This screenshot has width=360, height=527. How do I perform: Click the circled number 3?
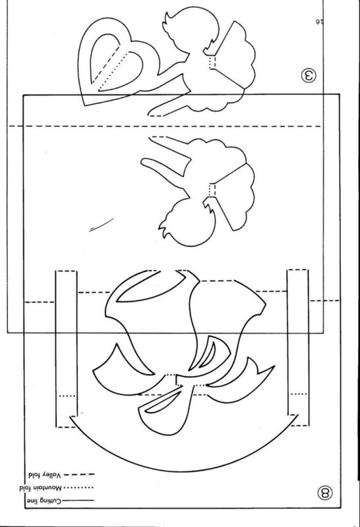(x=309, y=76)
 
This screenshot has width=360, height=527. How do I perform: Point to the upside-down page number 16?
(x=319, y=22)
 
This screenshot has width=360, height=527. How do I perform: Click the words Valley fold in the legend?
(x=45, y=476)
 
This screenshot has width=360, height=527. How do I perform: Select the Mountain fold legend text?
(x=41, y=487)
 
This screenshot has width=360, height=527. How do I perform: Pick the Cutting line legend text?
(x=44, y=501)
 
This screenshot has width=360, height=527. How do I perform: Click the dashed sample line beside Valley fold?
(x=79, y=474)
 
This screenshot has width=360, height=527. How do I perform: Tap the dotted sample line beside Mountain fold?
(x=78, y=487)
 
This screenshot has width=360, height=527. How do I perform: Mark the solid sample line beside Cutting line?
(x=78, y=501)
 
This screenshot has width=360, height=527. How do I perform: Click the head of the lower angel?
(x=187, y=223)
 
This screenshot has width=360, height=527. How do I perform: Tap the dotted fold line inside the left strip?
(x=67, y=396)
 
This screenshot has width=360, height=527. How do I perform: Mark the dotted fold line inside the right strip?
(x=299, y=393)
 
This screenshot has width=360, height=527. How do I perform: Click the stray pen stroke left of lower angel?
(x=102, y=224)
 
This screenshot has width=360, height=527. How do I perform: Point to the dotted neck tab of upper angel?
(x=212, y=62)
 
